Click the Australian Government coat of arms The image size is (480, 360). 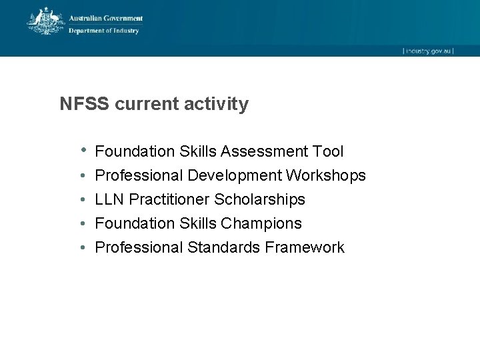(x=45, y=21)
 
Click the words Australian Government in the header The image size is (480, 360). (x=106, y=19)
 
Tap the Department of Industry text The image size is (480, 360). (x=103, y=31)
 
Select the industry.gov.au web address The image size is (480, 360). (x=427, y=51)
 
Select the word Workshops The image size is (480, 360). (x=326, y=176)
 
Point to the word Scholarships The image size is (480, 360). (x=259, y=200)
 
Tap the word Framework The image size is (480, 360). (x=305, y=248)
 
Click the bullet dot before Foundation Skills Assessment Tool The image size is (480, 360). (x=82, y=151)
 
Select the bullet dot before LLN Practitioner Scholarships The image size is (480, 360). (x=81, y=200)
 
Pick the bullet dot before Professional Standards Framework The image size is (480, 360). (x=81, y=248)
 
